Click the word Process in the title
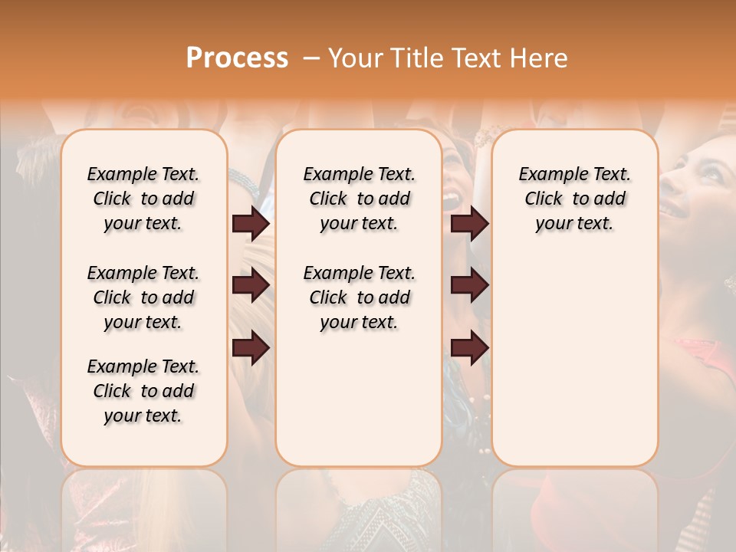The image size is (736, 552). click(x=237, y=58)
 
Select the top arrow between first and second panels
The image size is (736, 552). click(x=251, y=224)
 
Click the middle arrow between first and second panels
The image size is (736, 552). click(x=251, y=285)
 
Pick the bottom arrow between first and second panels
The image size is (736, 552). click(x=251, y=348)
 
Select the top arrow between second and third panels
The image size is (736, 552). click(x=469, y=224)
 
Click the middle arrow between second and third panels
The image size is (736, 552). click(x=469, y=285)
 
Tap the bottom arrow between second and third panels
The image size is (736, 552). click(x=469, y=348)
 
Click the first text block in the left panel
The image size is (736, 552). click(x=143, y=199)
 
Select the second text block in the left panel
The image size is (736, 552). click(x=143, y=297)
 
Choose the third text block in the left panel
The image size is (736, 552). click(x=143, y=391)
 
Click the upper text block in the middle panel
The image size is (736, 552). click(x=359, y=199)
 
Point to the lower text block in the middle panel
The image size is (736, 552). click(x=359, y=297)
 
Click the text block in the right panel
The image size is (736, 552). click(x=574, y=199)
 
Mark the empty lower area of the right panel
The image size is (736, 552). click(x=574, y=360)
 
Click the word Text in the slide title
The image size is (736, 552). click(x=478, y=58)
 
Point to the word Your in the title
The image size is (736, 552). click(x=356, y=58)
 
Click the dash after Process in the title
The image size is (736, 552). click(x=312, y=58)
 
